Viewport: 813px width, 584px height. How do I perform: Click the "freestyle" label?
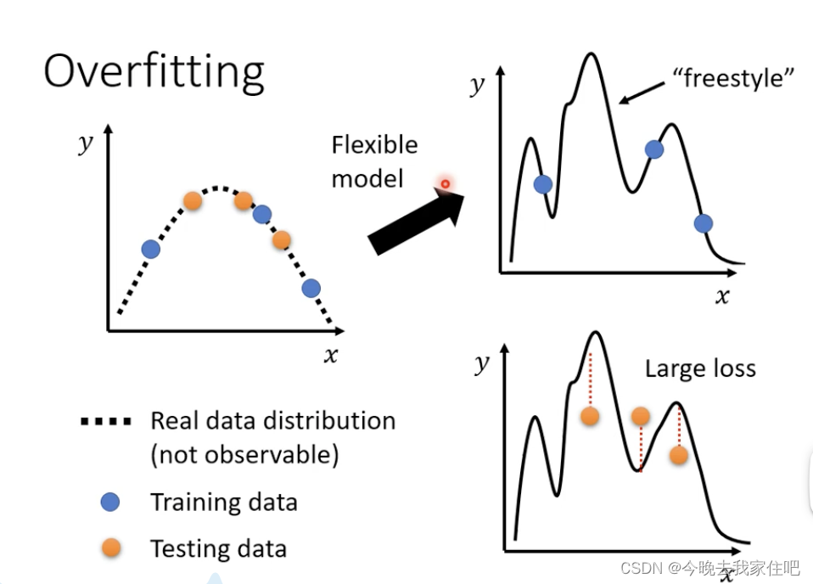pos(732,78)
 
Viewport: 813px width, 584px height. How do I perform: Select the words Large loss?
pos(700,368)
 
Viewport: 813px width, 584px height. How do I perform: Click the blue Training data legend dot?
pos(109,502)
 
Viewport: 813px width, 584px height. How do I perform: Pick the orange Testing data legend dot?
pos(109,548)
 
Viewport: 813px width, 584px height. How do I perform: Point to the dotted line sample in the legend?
pos(105,421)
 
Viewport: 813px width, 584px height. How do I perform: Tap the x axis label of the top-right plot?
pos(722,295)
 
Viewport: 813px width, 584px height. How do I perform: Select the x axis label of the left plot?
pos(330,354)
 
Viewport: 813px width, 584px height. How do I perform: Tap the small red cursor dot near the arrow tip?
pos(444,182)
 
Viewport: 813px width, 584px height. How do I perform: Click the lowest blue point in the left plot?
pos(311,289)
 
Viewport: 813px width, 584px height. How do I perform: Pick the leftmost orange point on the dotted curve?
pos(193,201)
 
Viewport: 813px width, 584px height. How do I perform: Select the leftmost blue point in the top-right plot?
pos(543,184)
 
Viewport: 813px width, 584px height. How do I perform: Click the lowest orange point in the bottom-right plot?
pos(678,455)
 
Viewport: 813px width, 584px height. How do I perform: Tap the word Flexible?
pos(374,145)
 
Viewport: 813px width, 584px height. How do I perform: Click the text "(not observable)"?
pos(244,455)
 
